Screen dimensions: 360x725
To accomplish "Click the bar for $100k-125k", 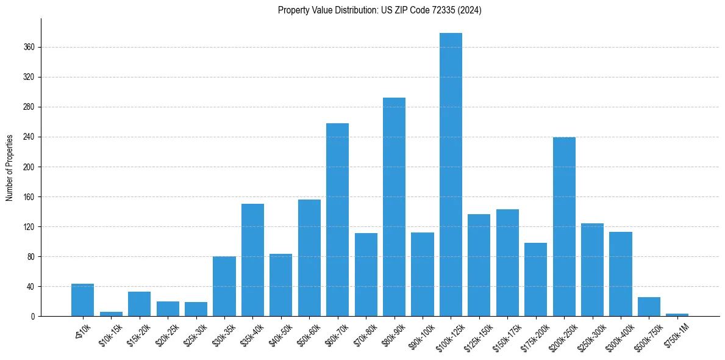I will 451,175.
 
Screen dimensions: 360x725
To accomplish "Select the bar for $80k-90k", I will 394,207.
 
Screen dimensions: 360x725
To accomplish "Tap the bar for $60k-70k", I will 337,220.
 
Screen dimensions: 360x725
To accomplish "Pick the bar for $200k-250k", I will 564,226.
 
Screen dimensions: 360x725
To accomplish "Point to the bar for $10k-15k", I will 111,314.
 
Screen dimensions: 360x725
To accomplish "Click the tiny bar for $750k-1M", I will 677,315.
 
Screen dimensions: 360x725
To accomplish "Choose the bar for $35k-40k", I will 252,260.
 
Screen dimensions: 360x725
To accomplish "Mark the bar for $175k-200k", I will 535,279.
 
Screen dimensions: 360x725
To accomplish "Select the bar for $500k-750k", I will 649,306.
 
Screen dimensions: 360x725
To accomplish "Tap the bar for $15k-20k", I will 139,304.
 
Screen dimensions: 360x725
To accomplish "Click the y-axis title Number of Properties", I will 9,167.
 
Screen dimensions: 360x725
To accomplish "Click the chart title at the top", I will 379,10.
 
